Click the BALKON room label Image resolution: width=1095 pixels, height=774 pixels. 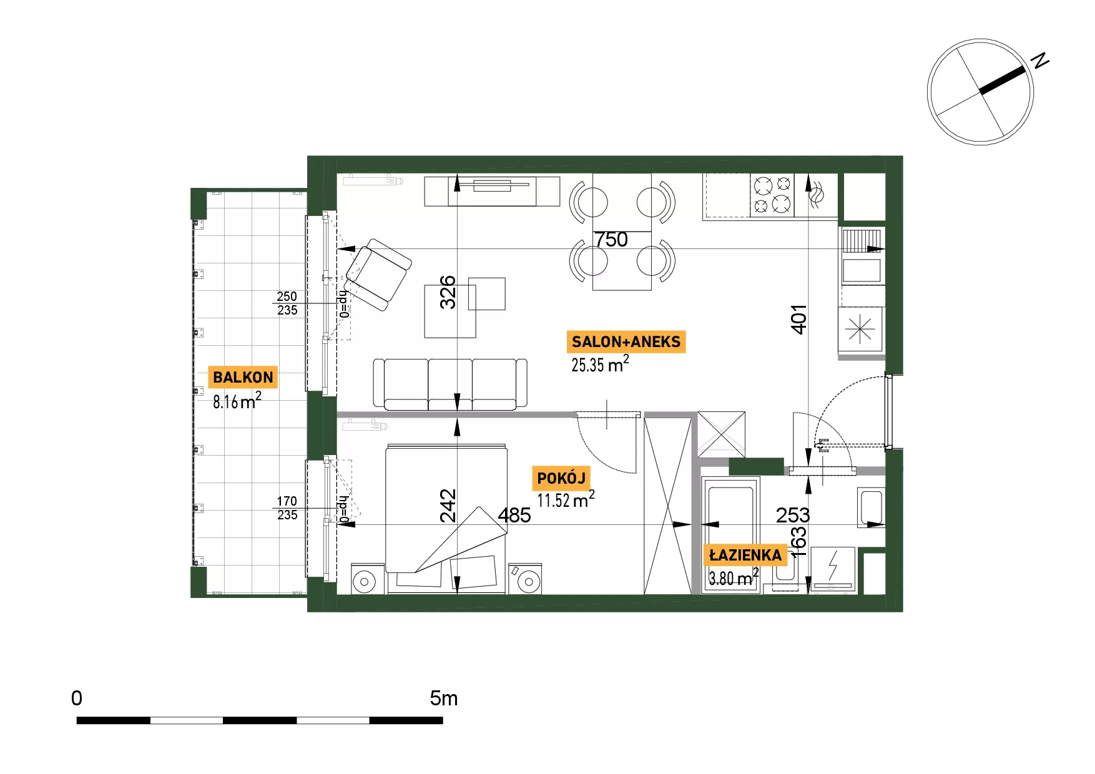(243, 378)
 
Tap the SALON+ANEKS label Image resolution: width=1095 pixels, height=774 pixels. (626, 342)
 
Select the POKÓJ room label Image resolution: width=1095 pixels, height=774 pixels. (561, 479)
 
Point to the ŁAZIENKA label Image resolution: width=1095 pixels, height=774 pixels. (745, 556)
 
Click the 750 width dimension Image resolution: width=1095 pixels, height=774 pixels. (611, 240)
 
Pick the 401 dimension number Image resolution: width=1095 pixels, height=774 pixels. (799, 320)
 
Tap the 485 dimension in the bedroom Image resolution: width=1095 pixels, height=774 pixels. (514, 516)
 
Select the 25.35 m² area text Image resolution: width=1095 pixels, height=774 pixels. (600, 364)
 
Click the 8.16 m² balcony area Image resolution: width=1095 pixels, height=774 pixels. (237, 400)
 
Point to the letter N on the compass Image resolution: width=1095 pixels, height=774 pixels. (1039, 61)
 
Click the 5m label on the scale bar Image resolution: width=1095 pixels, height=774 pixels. (444, 698)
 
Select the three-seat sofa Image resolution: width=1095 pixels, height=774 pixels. (450, 385)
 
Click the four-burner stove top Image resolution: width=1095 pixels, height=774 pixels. (772, 195)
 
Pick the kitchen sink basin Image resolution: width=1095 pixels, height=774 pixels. (862, 271)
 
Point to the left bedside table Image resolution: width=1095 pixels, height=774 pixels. (368, 579)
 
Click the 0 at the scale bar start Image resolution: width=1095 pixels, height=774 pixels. (77, 698)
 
